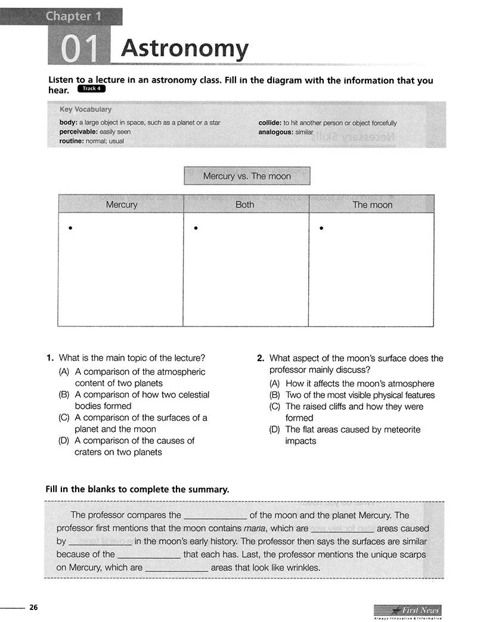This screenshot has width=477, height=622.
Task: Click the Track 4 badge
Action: pyautogui.click(x=91, y=89)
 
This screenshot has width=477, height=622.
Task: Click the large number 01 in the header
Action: pyautogui.click(x=79, y=49)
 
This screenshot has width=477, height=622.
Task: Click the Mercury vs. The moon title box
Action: pyautogui.click(x=247, y=176)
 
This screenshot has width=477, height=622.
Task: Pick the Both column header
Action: pyautogui.click(x=245, y=204)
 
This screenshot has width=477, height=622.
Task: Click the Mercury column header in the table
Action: pyautogui.click(x=121, y=204)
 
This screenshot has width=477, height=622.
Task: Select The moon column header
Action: pyautogui.click(x=372, y=204)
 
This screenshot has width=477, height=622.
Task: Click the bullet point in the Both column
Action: pyautogui.click(x=195, y=228)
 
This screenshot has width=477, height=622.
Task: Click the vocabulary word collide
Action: pyautogui.click(x=270, y=123)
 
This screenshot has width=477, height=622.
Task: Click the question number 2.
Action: pyautogui.click(x=261, y=359)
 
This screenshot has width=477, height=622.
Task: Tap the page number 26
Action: pyautogui.click(x=34, y=608)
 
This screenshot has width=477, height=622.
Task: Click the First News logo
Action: pyautogui.click(x=408, y=610)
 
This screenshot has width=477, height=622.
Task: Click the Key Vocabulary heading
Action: pyautogui.click(x=85, y=110)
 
